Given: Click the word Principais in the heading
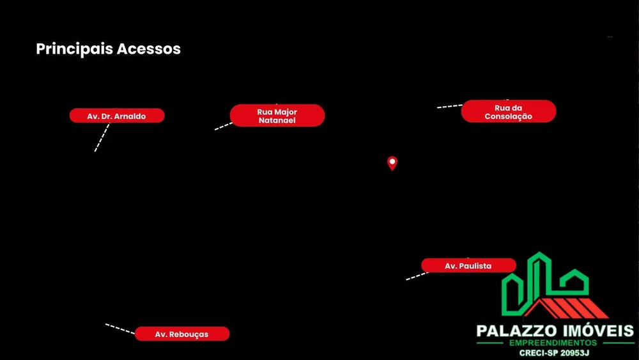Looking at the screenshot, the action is [x=74, y=49].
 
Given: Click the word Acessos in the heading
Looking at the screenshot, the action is [x=149, y=49].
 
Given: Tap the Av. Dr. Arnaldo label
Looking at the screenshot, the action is [x=117, y=116].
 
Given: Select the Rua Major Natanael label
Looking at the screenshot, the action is [x=277, y=115].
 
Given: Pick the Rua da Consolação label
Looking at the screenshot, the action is [x=509, y=111].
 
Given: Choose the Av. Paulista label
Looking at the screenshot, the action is [x=468, y=265].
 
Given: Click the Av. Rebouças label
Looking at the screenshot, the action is [x=182, y=334].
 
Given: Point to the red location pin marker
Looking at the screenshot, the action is [x=392, y=163].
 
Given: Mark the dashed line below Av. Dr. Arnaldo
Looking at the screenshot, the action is [x=102, y=138].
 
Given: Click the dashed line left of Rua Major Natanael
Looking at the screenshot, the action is [x=223, y=127].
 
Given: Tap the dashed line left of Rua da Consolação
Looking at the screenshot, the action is [x=450, y=106].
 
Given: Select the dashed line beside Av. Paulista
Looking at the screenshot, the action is [x=417, y=276].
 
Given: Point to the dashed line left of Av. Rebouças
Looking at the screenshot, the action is [x=120, y=329].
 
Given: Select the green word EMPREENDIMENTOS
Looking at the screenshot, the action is [x=553, y=343].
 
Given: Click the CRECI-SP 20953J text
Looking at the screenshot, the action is [x=554, y=353].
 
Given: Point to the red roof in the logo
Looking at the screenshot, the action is [x=566, y=308].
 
